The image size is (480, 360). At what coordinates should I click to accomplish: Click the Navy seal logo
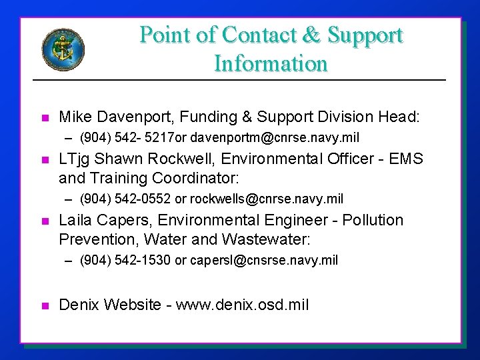tap(63, 48)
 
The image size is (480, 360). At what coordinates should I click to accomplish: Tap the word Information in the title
tap(271, 64)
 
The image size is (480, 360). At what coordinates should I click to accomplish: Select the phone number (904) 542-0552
tap(125, 199)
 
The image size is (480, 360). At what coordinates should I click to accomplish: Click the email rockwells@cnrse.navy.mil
tap(267, 199)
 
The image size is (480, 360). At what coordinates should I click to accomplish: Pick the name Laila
tap(75, 220)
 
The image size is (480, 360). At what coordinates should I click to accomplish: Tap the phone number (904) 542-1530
tap(125, 260)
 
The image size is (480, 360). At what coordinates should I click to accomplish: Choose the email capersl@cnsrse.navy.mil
tap(264, 260)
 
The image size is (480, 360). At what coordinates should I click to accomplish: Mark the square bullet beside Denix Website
tap(45, 306)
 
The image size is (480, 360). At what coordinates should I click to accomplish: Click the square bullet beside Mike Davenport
tap(45, 118)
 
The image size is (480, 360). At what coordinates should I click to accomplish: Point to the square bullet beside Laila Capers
tap(45, 221)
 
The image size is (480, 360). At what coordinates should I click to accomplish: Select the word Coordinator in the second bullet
tap(197, 179)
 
